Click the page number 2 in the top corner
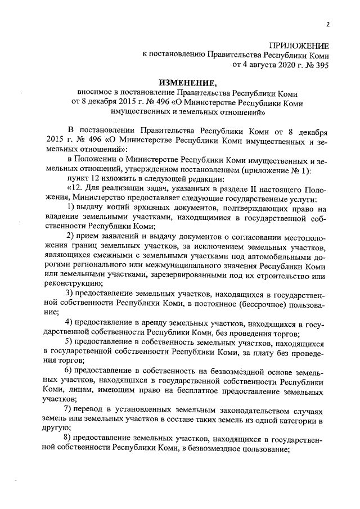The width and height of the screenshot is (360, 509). pos(327,24)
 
